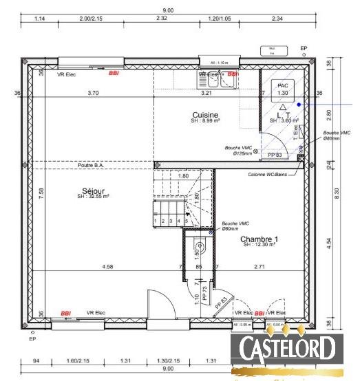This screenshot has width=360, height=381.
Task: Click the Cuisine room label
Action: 205,115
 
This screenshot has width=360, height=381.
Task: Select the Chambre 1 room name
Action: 259,240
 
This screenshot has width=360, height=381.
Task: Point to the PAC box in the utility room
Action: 282,88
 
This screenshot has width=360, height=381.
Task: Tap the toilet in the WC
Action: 200,246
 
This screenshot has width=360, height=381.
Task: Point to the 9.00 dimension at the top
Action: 167,10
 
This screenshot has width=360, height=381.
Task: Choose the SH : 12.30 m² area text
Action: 259,246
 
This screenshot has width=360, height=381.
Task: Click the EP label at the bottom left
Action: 32,339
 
